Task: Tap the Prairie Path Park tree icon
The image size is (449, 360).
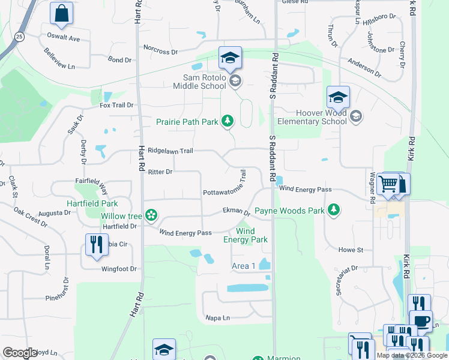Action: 227,122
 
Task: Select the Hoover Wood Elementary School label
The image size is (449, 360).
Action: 322,117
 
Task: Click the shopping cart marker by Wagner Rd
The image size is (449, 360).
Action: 389,183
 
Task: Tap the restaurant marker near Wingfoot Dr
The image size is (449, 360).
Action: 95,244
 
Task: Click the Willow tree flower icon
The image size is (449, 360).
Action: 151,215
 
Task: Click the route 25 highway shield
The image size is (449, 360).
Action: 19,37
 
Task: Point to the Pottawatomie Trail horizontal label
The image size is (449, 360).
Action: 221,193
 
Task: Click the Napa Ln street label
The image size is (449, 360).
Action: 218,318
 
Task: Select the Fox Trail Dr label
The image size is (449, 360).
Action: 116,105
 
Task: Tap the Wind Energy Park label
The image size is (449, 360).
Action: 252,235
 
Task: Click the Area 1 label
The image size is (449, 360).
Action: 244,266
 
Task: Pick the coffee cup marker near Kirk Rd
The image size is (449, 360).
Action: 421,320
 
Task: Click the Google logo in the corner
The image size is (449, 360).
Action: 20,353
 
